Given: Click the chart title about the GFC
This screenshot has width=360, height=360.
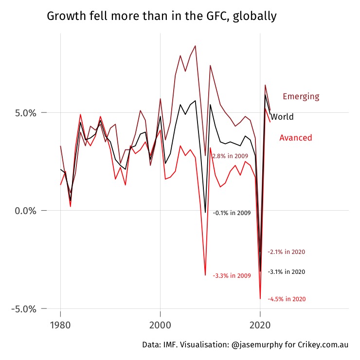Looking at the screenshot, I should click(162, 16).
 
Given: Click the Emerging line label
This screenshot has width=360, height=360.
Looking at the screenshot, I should click(301, 96).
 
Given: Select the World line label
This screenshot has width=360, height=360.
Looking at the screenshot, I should click(282, 117).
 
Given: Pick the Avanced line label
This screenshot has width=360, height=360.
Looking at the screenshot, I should click(295, 138).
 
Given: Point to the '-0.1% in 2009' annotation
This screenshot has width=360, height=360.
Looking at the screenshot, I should click(232, 213).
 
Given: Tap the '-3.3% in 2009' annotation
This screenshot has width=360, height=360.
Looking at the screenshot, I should click(232, 276).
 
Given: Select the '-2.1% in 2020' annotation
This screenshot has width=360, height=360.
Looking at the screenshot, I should click(287, 252).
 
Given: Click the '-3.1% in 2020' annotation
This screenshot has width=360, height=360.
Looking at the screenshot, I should click(287, 272).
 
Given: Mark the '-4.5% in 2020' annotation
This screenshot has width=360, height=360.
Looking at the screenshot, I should click(287, 299).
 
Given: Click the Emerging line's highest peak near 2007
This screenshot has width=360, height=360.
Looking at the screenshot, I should click(195, 46).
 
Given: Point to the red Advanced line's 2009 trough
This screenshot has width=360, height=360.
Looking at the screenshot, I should click(205, 275).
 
